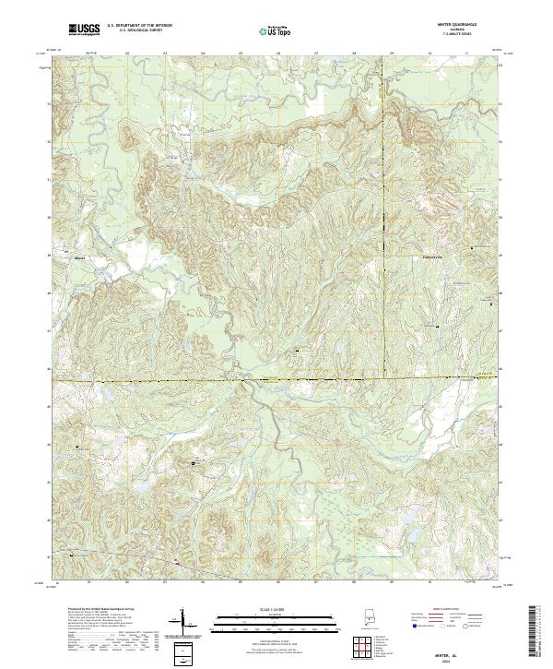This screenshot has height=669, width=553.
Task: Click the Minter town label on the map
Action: pos(79,258)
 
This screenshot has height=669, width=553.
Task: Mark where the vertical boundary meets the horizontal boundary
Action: pos(385,377)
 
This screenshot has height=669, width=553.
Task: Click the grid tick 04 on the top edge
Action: pos(202,54)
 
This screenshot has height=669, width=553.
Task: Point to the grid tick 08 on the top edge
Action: pos(353,54)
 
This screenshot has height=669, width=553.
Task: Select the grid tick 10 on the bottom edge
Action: pos(429,583)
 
